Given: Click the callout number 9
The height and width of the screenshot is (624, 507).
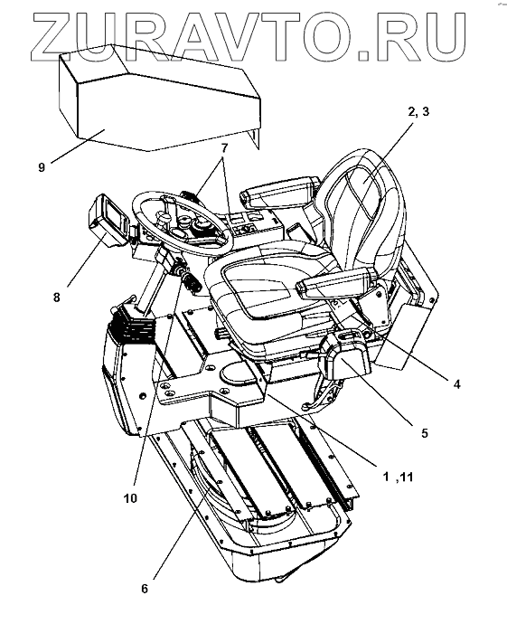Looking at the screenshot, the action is coord(42,167).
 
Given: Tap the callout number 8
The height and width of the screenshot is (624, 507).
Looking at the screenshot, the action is coord(57,297).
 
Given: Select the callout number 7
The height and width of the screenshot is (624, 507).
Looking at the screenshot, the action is coord(224,149).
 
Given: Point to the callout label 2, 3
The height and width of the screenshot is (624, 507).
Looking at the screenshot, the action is coord(418,112).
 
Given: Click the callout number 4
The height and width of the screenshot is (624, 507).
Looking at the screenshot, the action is coord(457,384).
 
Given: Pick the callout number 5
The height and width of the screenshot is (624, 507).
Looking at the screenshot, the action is coord(425,433).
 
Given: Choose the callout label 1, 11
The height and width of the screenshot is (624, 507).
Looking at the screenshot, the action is coord(398,477).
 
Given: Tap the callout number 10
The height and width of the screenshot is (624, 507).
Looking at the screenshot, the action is coord(130,498).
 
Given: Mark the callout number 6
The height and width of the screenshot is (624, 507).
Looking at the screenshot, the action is coord(145,588).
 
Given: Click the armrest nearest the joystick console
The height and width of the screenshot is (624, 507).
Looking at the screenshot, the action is coord(337,282).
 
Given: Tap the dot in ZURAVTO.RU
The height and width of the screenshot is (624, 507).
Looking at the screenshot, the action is coord(364,55).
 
